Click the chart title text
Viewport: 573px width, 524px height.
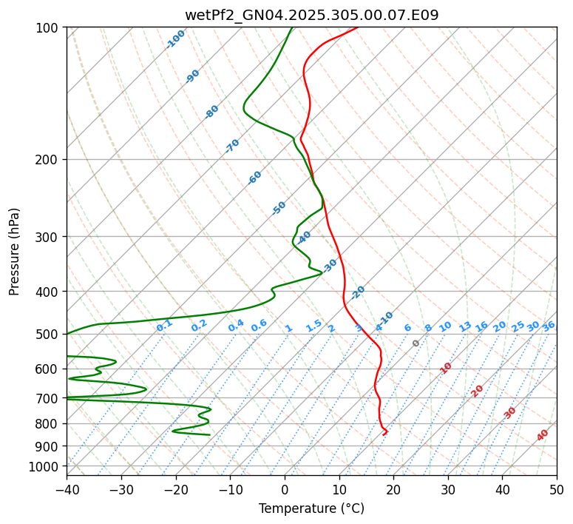[311, 16]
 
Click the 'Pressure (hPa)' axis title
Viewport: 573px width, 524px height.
[15, 252]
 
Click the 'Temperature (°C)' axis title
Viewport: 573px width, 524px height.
[311, 508]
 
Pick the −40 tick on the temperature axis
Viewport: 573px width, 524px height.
[67, 489]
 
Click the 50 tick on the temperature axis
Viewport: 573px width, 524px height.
[557, 489]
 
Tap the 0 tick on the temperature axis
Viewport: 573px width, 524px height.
[285, 489]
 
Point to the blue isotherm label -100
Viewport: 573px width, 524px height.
[175, 39]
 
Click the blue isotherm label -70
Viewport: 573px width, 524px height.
[232, 146]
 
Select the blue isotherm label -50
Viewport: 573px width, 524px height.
[279, 208]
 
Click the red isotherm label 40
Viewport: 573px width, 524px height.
[543, 435]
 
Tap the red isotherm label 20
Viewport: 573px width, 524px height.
[478, 390]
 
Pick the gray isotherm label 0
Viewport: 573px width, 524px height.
[416, 343]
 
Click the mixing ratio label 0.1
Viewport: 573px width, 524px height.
[164, 325]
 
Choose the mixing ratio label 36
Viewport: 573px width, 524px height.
[549, 326]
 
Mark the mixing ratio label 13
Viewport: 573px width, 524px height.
[465, 326]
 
